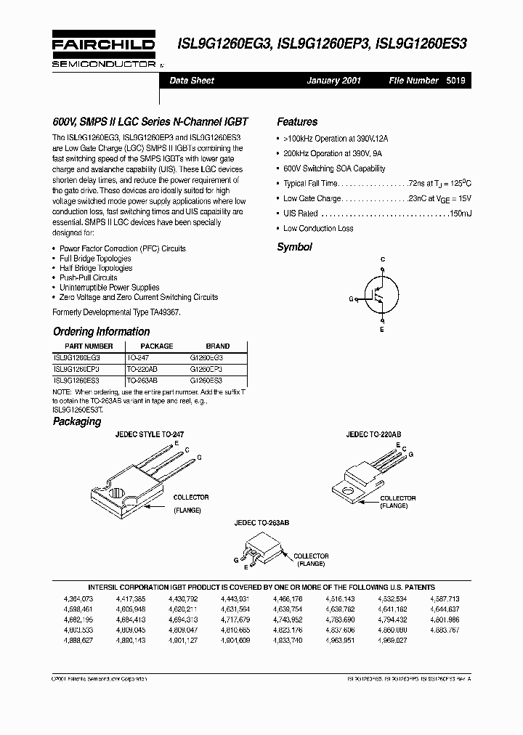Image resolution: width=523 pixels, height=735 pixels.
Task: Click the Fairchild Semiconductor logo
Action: [x=103, y=50]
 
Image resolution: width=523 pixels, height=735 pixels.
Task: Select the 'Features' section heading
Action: [x=297, y=122]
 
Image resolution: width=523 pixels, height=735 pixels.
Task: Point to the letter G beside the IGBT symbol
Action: [x=351, y=299]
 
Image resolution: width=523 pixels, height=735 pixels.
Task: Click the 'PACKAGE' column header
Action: [x=156, y=346]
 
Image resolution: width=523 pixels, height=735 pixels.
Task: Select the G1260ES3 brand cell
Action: [x=206, y=380]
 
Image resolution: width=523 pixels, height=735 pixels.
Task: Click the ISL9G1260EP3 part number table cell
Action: [x=77, y=370]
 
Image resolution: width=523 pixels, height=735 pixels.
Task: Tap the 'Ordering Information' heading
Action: [x=102, y=332]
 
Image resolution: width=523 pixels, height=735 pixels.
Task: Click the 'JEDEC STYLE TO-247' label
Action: [x=150, y=434]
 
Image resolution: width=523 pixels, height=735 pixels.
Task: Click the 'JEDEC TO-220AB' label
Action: [x=373, y=434]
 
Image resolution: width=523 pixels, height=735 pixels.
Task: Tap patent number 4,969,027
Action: [x=392, y=641]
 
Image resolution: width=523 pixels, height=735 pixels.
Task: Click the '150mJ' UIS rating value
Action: [x=460, y=214]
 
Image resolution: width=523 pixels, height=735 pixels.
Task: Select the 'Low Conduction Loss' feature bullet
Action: [x=318, y=229]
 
